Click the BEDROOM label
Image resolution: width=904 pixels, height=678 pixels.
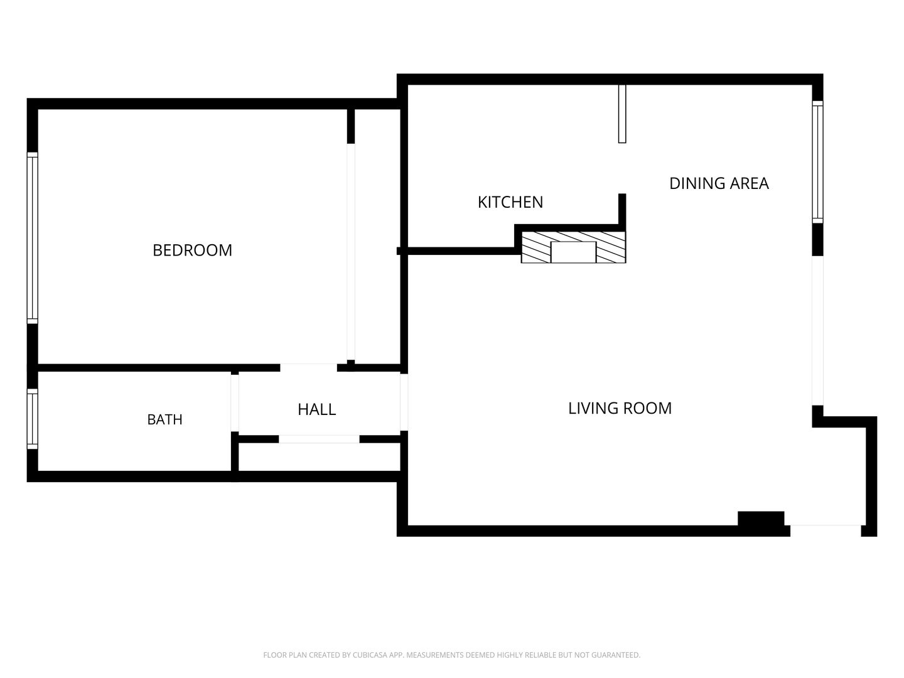click(x=192, y=250)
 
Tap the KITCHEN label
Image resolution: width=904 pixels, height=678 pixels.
click(x=510, y=202)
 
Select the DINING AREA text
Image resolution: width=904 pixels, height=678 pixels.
click(x=719, y=183)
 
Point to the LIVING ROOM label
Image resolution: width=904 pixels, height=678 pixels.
click(x=620, y=408)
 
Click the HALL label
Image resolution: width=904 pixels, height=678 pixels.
click(x=316, y=409)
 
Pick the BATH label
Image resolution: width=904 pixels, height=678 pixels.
click(x=164, y=419)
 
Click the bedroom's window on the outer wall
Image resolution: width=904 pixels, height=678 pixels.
click(x=33, y=238)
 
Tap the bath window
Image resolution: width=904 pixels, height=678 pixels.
click(x=33, y=419)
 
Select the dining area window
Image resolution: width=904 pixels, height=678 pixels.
click(x=817, y=162)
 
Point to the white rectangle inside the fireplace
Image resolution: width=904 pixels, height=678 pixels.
click(x=573, y=252)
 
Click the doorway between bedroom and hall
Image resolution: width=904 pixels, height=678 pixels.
click(x=308, y=368)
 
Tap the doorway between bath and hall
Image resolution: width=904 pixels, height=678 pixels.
click(x=235, y=403)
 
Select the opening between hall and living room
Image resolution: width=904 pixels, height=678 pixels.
click(x=404, y=402)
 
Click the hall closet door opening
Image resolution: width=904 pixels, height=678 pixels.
click(x=319, y=439)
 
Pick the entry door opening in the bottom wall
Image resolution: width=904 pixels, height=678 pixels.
click(x=826, y=530)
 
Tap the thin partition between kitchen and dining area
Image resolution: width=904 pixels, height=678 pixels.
click(x=622, y=114)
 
